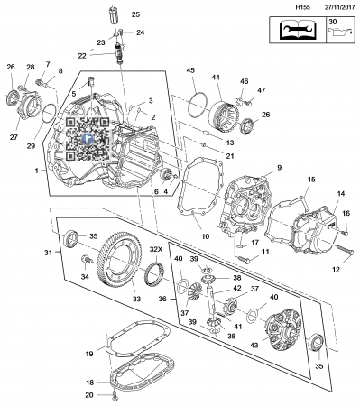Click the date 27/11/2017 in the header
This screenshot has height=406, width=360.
339,7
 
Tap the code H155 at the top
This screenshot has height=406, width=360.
303,7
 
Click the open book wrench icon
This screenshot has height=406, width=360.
298,30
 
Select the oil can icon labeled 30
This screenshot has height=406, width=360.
340,32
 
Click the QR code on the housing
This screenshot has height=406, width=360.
88,138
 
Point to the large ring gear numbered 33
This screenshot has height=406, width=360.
119,260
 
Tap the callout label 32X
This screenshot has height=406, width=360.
156,250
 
